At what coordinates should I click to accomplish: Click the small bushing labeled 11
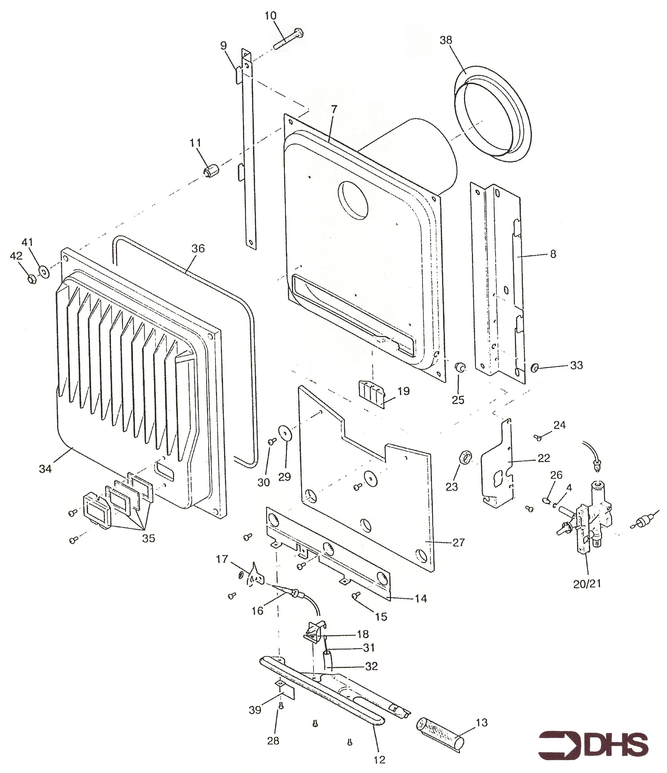[212, 171]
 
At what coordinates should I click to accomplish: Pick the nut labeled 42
[32, 278]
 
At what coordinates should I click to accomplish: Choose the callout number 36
[198, 248]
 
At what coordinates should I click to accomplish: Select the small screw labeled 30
[272, 441]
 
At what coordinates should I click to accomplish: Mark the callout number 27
[458, 542]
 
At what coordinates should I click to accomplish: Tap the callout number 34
[45, 469]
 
